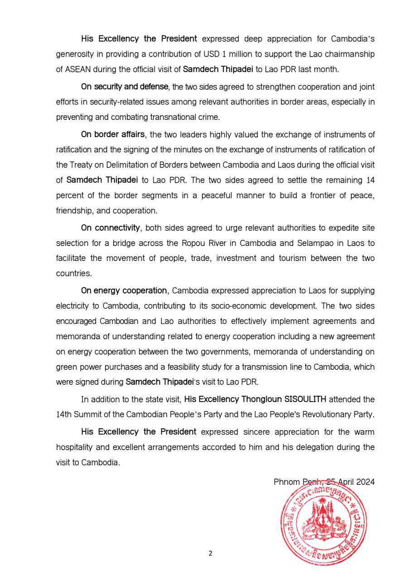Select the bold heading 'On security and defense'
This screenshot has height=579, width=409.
tap(125, 86)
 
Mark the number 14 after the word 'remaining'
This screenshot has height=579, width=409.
tap(370, 180)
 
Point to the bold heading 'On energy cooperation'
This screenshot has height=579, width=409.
tap(124, 290)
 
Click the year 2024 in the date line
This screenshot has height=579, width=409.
tap(364, 482)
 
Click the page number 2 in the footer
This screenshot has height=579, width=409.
tap(210, 553)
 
